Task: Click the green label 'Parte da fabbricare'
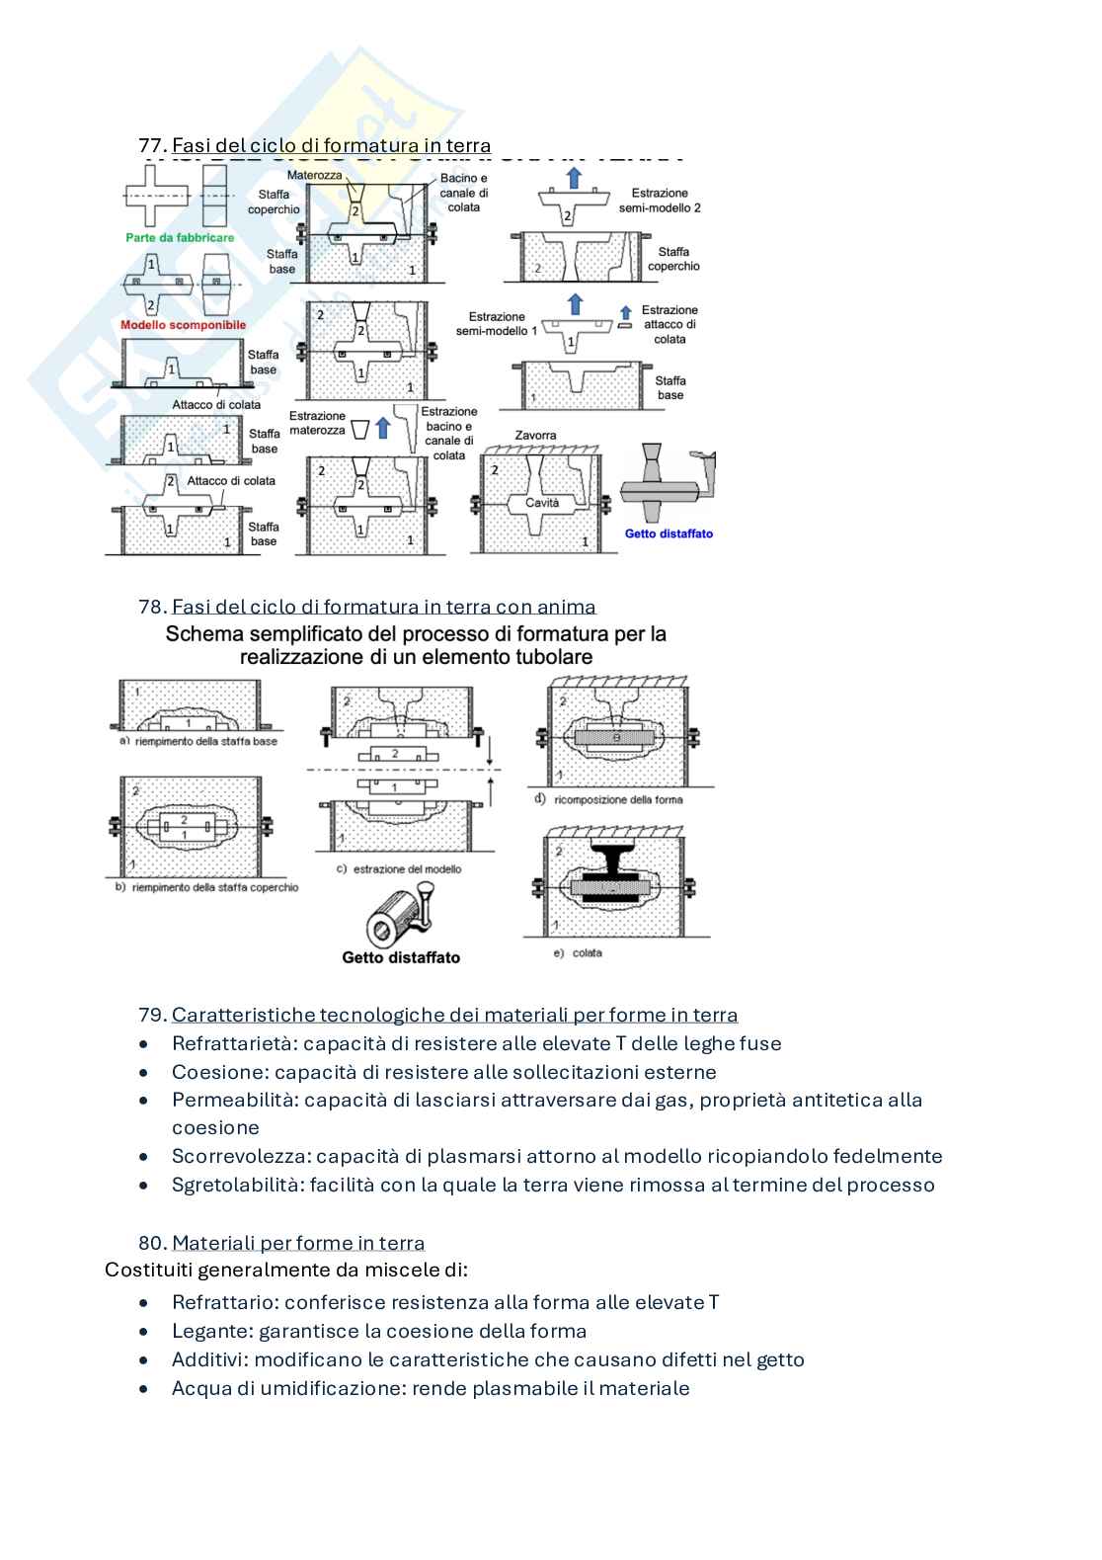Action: click(180, 238)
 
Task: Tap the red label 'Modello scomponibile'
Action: click(183, 325)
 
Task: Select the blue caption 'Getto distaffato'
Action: click(669, 534)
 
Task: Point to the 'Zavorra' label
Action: click(535, 436)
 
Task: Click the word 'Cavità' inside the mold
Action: click(542, 503)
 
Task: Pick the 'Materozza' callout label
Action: click(314, 175)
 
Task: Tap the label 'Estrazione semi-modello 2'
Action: click(660, 201)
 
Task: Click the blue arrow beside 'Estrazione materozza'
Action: click(384, 428)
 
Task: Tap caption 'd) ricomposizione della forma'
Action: click(608, 799)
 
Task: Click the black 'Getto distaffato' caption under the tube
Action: click(401, 956)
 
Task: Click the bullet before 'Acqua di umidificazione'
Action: click(145, 1389)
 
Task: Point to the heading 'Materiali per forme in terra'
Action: click(298, 1243)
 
